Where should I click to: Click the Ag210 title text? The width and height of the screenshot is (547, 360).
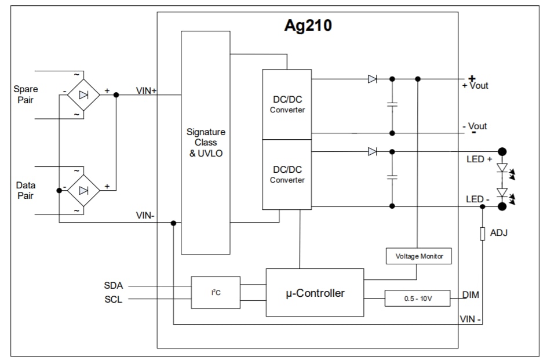tap(308, 26)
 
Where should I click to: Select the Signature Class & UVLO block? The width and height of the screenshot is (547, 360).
tap(206, 143)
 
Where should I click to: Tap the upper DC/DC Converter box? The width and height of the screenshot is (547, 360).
tap(287, 104)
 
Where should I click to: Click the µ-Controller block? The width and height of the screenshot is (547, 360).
tap(315, 293)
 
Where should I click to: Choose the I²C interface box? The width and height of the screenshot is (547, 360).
tap(216, 292)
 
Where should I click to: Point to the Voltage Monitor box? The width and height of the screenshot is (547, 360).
tap(418, 256)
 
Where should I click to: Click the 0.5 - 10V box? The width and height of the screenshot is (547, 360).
tap(417, 298)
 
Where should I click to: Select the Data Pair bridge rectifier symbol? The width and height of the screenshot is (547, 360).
tap(83, 190)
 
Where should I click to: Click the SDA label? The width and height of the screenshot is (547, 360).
tap(114, 286)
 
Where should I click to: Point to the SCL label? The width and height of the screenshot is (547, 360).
tap(114, 300)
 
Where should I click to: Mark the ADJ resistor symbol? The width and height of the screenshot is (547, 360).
tap(482, 234)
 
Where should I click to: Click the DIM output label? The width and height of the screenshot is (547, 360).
tap(471, 295)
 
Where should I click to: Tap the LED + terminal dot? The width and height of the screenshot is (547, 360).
tap(502, 152)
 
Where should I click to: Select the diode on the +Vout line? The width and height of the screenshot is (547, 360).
tap(372, 79)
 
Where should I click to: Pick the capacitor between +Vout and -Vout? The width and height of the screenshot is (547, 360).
tap(392, 106)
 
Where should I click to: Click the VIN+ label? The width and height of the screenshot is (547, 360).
tap(147, 90)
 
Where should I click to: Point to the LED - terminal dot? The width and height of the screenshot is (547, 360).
tap(502, 206)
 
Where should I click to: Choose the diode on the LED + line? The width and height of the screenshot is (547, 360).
tap(372, 152)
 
